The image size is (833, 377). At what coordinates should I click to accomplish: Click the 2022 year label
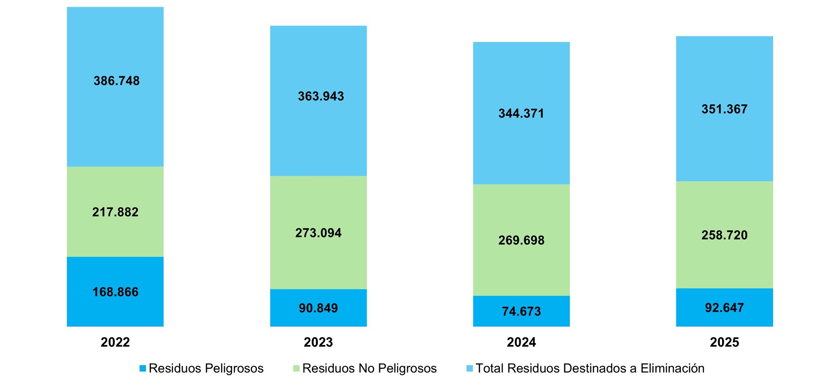pos(115,342)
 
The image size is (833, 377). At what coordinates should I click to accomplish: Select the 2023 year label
pos(318,342)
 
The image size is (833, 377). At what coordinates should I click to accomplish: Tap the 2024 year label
pos(521,342)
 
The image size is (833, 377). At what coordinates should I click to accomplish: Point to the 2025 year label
pos(724,342)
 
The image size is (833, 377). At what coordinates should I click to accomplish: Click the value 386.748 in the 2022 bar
pos(117,81)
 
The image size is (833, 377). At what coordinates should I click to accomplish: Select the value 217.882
pos(115,212)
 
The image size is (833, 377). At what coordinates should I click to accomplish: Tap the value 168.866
pos(115,292)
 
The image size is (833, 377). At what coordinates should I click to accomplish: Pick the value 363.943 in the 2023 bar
pos(321,96)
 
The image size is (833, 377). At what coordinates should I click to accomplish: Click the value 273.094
pos(318,233)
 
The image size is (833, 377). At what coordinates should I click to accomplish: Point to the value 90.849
pos(318,308)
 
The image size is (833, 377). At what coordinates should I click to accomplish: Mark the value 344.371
pos(521,113)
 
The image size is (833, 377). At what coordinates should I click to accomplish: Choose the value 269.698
pos(521,240)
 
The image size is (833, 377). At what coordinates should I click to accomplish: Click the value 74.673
pos(521,311)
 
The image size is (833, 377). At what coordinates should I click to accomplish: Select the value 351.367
pos(724,109)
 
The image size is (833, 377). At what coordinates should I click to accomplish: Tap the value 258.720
pos(724,235)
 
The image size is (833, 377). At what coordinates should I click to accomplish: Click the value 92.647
pos(724,308)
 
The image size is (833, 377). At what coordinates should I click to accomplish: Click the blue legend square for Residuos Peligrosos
pos(143,368)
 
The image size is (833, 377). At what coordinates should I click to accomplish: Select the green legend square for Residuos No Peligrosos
pos(296,368)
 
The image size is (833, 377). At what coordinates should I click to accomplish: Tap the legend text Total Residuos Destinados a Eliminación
pos(589,368)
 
